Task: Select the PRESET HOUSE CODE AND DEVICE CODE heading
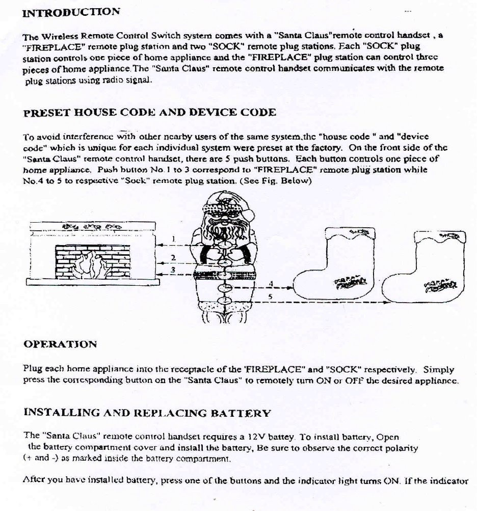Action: coord(150,113)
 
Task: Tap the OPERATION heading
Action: coord(60,344)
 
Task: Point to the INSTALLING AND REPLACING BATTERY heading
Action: coord(147,413)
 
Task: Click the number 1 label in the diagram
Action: coord(173,238)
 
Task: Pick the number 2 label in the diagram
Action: coord(173,257)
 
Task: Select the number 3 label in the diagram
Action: coord(173,270)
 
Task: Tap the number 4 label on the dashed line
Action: coord(272,283)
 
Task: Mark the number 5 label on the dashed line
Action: coord(270,296)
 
